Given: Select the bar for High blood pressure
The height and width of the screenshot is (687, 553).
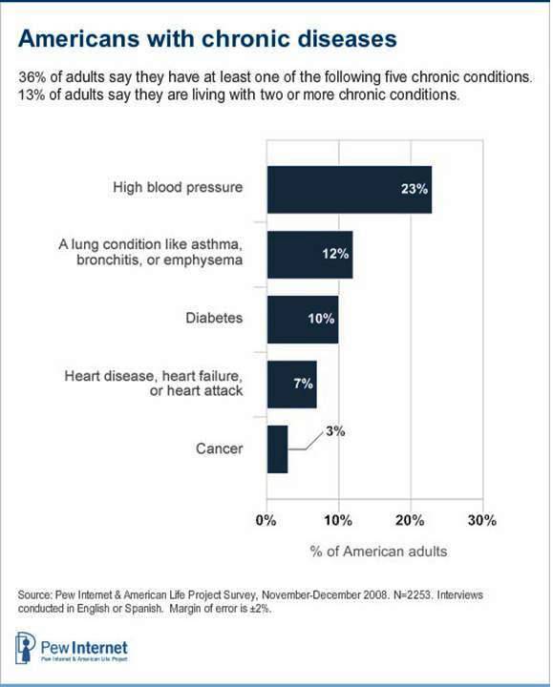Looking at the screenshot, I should [349, 189].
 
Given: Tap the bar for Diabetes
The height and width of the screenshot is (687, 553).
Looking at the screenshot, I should [302, 319].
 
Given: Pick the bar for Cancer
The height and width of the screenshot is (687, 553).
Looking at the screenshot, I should [277, 448].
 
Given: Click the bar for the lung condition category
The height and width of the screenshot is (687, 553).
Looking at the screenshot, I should [309, 254].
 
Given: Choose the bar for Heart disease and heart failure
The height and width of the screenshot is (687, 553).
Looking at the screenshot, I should [291, 384].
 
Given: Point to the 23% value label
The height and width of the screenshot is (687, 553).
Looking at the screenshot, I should [413, 189].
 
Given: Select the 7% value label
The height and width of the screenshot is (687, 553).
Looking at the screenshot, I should [302, 385].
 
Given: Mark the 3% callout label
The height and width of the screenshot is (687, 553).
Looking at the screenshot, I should [334, 431].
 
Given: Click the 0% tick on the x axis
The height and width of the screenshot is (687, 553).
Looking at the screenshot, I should [266, 521].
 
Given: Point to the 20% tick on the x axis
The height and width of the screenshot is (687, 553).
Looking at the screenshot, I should [410, 521].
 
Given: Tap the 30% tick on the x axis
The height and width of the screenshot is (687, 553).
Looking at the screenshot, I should [481, 521].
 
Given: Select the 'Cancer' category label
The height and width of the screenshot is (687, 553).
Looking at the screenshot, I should [221, 449].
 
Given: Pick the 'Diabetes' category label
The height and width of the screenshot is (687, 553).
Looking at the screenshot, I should [215, 320].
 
